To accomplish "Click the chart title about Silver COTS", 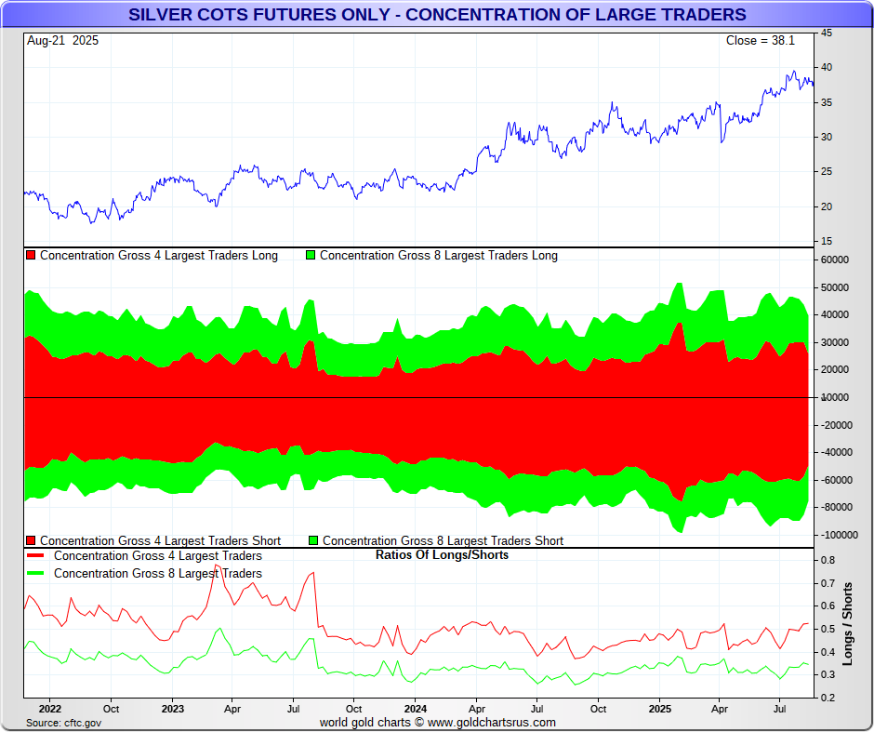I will tap(437, 15).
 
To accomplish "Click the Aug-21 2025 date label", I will tap(63, 41).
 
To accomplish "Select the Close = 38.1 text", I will tap(760, 41).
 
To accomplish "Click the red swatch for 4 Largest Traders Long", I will tap(31, 256).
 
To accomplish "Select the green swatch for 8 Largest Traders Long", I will tap(311, 256).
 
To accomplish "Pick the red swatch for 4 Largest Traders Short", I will tap(31, 540).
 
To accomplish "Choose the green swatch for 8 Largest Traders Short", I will tap(313, 540).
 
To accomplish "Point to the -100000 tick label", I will tap(838, 535).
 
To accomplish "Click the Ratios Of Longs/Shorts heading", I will tap(442, 555).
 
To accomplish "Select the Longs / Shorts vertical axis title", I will tap(848, 623).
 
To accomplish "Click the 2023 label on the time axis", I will tap(172, 709).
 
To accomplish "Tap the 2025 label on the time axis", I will tap(658, 709).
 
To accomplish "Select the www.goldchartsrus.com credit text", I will tap(492, 723).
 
